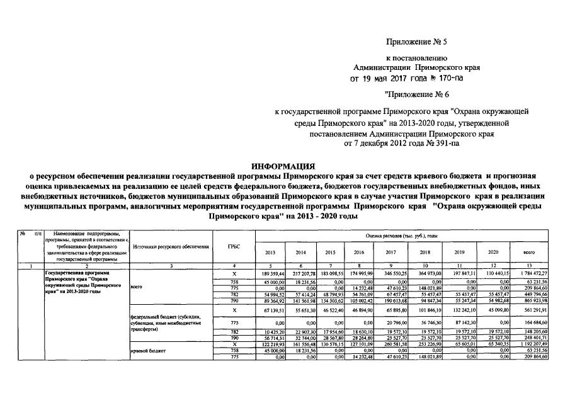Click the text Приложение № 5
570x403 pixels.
[x=410, y=43]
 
